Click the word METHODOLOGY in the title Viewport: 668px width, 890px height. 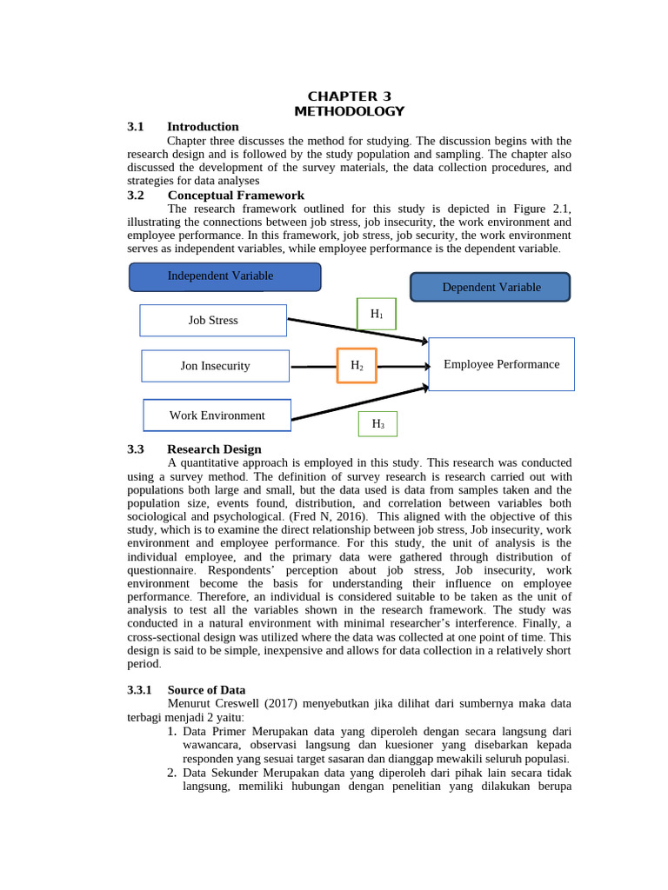point(349,111)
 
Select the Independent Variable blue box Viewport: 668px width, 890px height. point(224,276)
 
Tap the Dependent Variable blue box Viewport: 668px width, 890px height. point(491,287)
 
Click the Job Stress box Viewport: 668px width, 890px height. point(213,320)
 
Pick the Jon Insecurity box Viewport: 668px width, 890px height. point(215,366)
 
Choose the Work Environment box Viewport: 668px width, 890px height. point(217,415)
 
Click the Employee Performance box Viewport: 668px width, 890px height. point(501,365)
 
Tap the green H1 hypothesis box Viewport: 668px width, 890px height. point(376,315)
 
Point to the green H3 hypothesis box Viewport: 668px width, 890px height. point(377,424)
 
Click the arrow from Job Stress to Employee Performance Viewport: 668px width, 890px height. point(357,330)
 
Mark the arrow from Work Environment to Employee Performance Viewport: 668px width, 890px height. point(357,405)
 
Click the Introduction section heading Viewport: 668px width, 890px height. point(203,127)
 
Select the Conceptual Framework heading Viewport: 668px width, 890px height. point(236,196)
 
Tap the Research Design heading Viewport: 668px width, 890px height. point(214,449)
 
